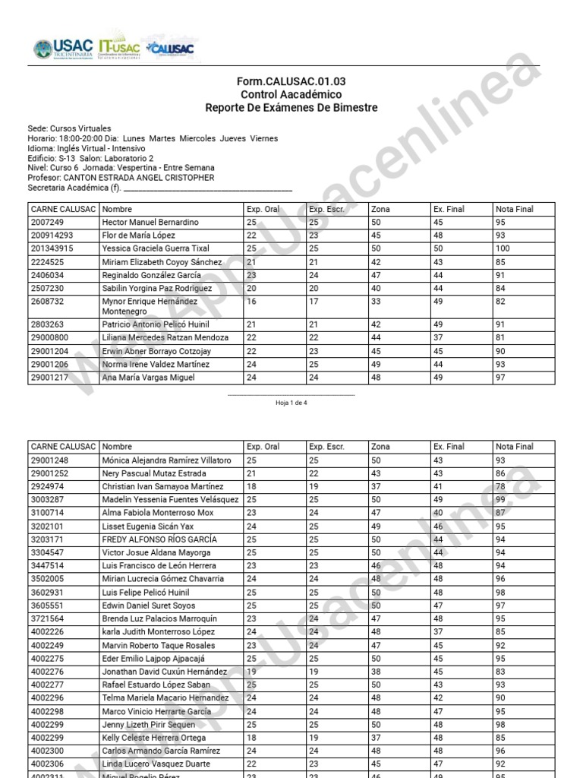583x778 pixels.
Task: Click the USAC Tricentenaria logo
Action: pos(62,50)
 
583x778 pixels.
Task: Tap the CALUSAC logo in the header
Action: pos(170,49)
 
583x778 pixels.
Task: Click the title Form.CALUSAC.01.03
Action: pos(291,81)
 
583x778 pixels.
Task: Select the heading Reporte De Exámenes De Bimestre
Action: pos(291,108)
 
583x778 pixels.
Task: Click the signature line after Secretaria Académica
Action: pos(207,188)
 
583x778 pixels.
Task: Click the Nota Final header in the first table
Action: pos(514,209)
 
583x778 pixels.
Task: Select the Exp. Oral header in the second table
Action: pos(263,447)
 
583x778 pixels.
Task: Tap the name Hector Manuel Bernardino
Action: pos(150,223)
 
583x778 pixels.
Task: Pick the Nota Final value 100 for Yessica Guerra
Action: pos(503,248)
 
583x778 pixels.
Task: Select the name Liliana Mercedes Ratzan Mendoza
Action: pos(165,337)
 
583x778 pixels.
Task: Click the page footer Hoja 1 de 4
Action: pos(291,403)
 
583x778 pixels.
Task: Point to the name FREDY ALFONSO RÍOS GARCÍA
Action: pos(159,539)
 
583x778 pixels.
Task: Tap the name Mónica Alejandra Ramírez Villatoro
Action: pos(166,460)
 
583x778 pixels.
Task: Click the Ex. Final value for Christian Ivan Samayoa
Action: pos(438,486)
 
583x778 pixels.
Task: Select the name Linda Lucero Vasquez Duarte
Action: pos(156,764)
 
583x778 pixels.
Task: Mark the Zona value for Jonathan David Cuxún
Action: pos(377,672)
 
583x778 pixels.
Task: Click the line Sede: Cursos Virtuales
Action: pos(69,129)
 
